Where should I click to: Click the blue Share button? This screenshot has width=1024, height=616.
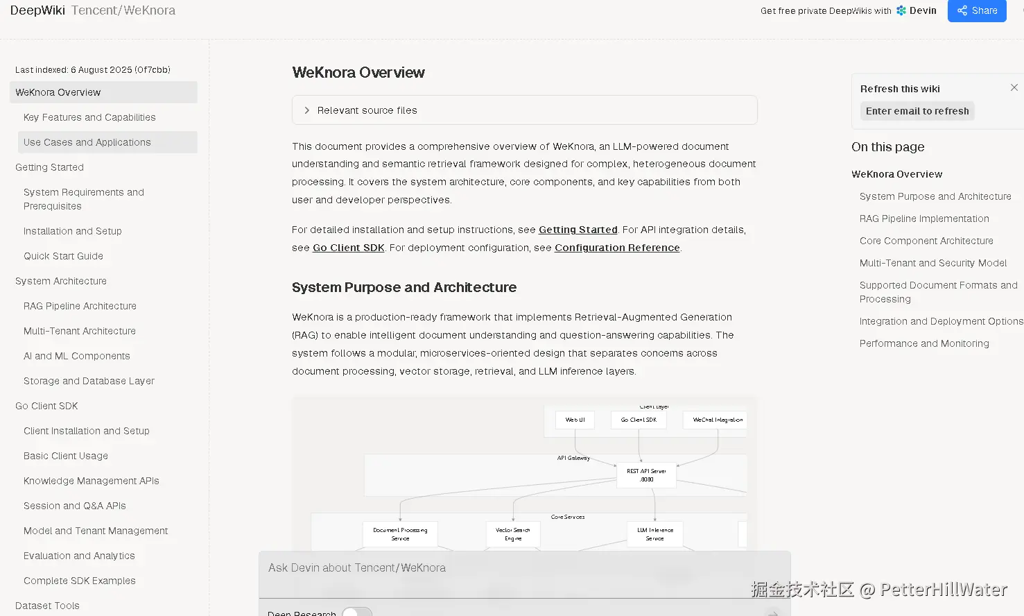976,10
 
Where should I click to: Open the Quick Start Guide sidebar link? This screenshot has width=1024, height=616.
63,256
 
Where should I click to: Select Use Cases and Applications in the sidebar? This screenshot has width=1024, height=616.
87,142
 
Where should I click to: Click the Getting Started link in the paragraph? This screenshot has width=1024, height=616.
578,230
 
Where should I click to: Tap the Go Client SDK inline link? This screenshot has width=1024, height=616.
348,248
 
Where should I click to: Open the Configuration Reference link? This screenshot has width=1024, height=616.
616,248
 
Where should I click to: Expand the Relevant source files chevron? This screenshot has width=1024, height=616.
307,110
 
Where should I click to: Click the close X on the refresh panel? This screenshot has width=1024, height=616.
1014,87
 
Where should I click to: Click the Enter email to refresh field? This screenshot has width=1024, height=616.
917,111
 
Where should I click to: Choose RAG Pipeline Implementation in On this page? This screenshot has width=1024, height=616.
924,219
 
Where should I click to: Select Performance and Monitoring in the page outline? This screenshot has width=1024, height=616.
924,343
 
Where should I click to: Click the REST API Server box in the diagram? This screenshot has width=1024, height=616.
646,475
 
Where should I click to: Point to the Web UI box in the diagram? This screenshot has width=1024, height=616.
575,420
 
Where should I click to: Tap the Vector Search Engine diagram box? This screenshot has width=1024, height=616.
513,534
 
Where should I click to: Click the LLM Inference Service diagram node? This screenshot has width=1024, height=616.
654,534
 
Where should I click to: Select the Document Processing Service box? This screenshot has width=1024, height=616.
400,534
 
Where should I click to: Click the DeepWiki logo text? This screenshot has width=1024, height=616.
37,10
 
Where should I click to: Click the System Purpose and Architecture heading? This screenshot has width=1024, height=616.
403,287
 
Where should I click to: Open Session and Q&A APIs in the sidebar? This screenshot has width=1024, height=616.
74,506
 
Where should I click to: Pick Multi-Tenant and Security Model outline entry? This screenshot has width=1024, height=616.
932,263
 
